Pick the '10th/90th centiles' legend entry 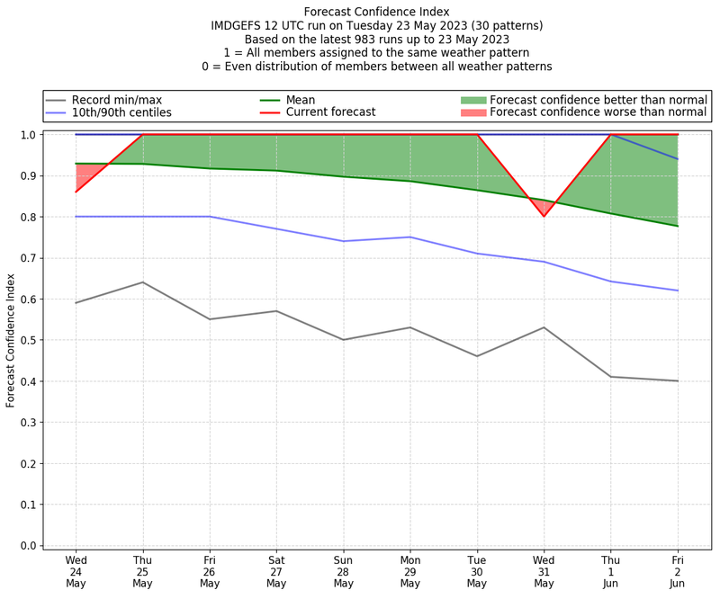121,112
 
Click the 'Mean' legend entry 301,99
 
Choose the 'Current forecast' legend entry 330,112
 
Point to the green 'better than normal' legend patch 473,99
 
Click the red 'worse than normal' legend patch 473,112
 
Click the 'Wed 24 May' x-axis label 76,570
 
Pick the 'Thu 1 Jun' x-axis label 611,570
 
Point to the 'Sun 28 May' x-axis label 343,570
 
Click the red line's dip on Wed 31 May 544,216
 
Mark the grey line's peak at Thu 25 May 142,282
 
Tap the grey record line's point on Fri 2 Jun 678,381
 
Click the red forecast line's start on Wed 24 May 76,192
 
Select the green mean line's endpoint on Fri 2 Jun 678,226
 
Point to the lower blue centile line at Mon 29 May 410,237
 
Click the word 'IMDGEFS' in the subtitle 238,26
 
